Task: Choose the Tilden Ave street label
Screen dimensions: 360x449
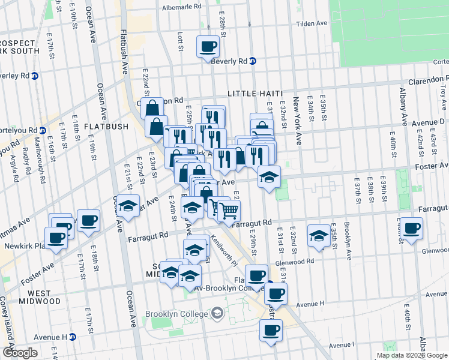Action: [313, 23]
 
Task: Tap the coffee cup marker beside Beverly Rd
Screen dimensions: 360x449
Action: [208, 46]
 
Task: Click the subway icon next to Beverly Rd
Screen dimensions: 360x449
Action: [253, 61]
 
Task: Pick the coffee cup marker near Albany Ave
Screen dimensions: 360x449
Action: [411, 228]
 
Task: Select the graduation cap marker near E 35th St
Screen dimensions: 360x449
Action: [318, 235]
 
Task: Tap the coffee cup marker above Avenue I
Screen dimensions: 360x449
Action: [270, 329]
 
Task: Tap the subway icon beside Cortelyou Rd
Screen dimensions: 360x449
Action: [43, 130]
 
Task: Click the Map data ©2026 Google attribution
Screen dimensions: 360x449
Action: [411, 355]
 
